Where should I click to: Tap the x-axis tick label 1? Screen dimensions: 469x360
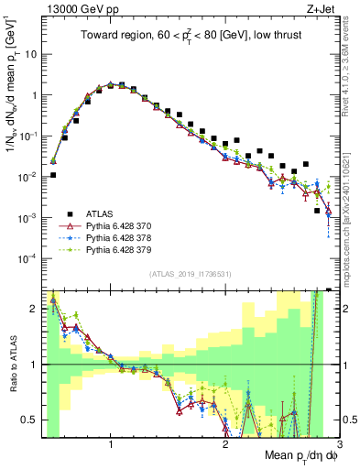pyautogui.click(x=111, y=445)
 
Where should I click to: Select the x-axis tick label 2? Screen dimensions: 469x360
pyautogui.click(x=225, y=445)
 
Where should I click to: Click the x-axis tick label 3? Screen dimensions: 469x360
pyautogui.click(x=339, y=445)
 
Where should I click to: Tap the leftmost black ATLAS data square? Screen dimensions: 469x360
pyautogui.click(x=53, y=175)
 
